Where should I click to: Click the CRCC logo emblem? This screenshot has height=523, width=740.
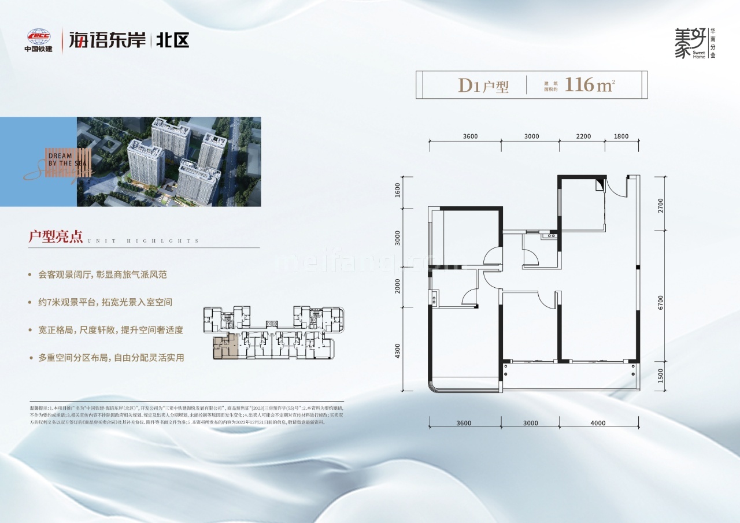pos(38,36)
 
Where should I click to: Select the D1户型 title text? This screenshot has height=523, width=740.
pos(483,86)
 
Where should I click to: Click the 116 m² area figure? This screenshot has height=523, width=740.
pos(589,85)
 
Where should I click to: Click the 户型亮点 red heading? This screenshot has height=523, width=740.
pos(56,237)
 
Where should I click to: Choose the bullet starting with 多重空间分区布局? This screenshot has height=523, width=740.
pos(108,358)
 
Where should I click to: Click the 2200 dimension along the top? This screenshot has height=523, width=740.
pos(584,136)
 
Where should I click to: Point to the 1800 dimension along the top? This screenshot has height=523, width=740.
pos(621,136)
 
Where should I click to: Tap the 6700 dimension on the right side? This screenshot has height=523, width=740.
pos(660,303)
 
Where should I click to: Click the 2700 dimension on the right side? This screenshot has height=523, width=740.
pos(660,206)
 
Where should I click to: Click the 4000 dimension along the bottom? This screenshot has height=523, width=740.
pos(598,423)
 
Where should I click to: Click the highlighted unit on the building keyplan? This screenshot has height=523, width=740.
pos(225,347)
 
